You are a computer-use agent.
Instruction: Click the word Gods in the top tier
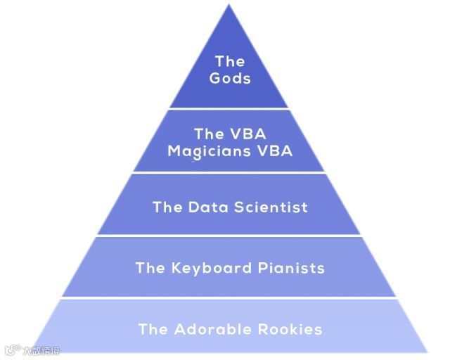coord(230,79)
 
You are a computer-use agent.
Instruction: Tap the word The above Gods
coord(230,62)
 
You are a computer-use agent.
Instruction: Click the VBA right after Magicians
coord(274,151)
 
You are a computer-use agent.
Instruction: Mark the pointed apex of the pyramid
coord(230,6)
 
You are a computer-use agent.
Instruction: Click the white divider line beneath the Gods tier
coord(230,109)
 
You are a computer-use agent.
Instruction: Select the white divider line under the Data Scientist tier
coord(230,236)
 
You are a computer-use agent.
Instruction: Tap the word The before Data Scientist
coord(167,207)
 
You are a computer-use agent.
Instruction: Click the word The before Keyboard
coord(150,268)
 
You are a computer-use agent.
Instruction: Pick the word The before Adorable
coord(153,329)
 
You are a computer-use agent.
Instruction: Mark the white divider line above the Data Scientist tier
coord(230,173)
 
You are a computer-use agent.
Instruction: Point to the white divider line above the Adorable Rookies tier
coord(230,297)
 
